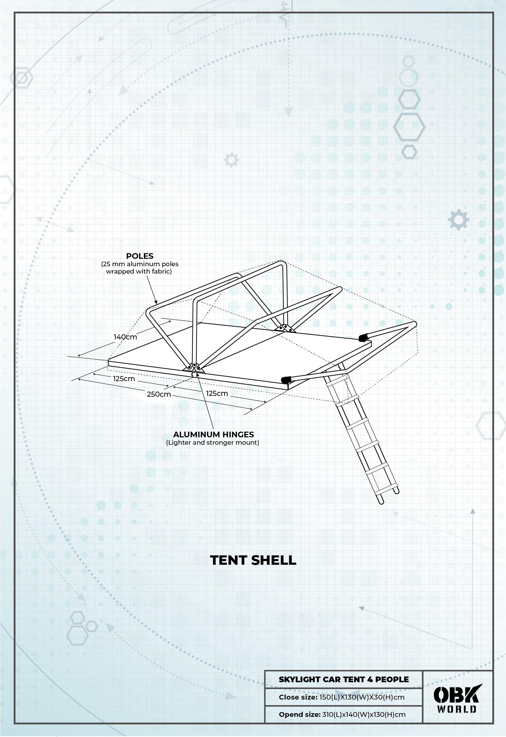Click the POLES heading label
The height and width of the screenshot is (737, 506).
(x=140, y=256)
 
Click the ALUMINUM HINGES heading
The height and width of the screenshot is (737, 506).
(x=213, y=434)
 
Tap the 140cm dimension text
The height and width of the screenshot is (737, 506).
(x=125, y=337)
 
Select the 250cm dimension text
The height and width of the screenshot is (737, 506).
(x=159, y=394)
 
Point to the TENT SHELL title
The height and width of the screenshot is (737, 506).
(x=253, y=560)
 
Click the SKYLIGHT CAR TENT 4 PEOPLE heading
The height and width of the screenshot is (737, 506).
(x=343, y=679)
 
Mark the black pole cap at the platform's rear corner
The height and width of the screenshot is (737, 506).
(x=362, y=337)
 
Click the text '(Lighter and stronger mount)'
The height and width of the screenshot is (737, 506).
(x=213, y=442)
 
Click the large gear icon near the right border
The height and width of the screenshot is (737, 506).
(x=458, y=219)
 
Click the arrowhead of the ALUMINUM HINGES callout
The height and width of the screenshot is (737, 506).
(x=198, y=375)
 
